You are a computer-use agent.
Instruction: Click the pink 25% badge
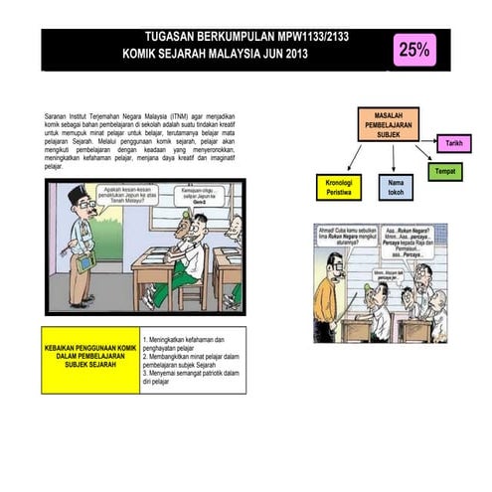[413, 49]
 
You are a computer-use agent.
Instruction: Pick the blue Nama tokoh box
[395, 187]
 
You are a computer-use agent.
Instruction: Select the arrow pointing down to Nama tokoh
[394, 157]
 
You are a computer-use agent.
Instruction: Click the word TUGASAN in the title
[176, 37]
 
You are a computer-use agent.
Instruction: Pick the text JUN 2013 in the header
[286, 55]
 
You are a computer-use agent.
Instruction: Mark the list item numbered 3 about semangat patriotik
[191, 377]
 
